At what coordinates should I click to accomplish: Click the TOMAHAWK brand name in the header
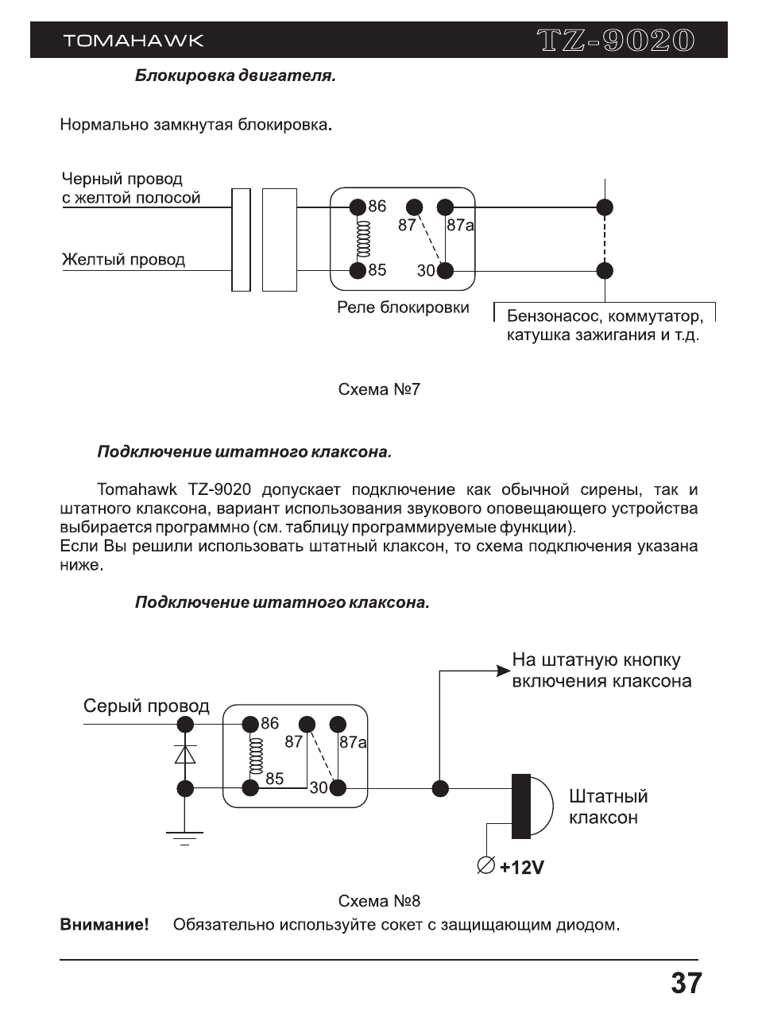coord(133,41)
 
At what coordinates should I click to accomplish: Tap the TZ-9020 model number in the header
coord(615,41)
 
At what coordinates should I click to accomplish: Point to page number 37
coord(686,984)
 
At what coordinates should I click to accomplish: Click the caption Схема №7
coord(379,389)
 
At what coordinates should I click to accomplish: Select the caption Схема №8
coord(379,901)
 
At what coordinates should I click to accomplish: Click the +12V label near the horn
coord(522,868)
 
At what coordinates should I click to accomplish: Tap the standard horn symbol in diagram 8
coord(531,806)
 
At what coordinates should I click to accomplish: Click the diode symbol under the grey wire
coord(185,754)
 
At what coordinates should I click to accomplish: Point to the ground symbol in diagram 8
coord(184,837)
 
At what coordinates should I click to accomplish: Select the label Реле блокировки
coord(403,307)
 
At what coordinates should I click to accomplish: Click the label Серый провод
coord(146,706)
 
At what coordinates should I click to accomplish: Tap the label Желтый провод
coord(123,260)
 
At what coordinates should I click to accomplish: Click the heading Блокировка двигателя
coord(235,76)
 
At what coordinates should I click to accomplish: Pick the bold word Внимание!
coord(104,925)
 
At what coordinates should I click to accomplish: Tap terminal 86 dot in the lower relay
coord(251,724)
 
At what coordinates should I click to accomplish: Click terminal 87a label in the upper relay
coord(460,226)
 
